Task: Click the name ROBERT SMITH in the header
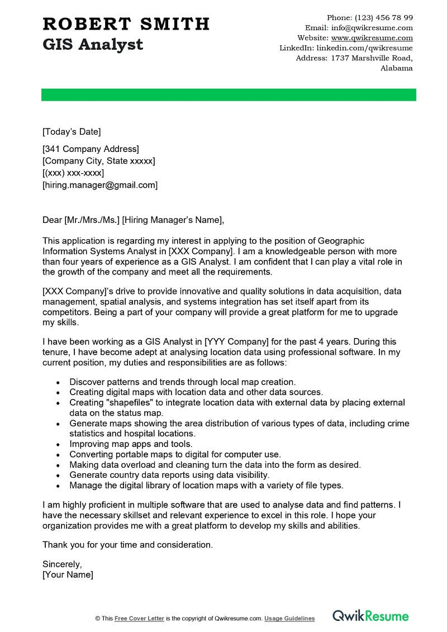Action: pos(126,24)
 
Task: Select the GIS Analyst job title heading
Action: pos(93,44)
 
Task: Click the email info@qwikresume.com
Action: pos(372,27)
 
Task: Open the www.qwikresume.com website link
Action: pos(372,38)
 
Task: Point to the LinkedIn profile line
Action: pos(346,48)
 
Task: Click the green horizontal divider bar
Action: pos(229,95)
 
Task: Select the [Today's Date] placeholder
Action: pos(72,132)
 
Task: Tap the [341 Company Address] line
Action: pos(91,149)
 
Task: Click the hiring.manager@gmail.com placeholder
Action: pos(100,185)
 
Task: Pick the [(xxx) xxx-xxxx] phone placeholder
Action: pos(73,173)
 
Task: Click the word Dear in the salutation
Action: pos(52,220)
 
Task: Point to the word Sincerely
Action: pos(62,564)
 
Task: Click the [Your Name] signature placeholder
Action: pos(68,574)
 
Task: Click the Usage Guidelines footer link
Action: pos(289,619)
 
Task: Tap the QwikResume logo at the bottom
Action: pos(370,616)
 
